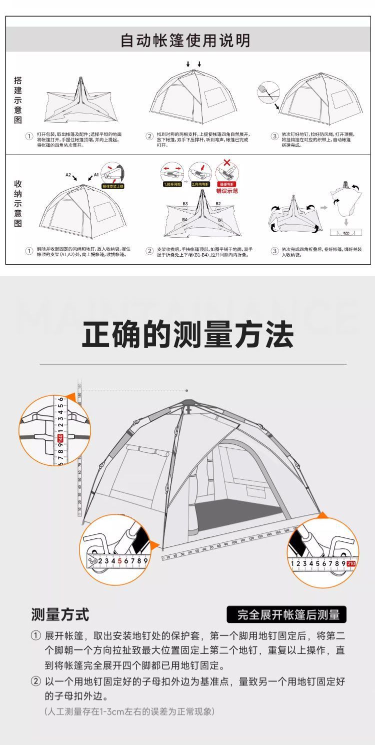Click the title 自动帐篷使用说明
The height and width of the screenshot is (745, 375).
185,41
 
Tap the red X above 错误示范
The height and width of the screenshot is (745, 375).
226,163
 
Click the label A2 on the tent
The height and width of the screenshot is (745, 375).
68,175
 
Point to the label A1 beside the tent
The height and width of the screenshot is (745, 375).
96,176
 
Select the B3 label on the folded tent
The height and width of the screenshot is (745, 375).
185,204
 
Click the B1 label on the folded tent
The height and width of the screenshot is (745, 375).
220,220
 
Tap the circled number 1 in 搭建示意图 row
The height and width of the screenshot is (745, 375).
29,136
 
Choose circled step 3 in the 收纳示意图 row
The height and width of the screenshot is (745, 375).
274,250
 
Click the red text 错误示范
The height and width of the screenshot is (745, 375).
227,191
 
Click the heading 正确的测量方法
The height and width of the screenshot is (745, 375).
187,335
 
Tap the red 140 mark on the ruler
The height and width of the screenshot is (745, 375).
60,438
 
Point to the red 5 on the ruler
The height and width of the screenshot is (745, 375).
119,561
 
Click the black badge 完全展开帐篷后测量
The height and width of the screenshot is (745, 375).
286,615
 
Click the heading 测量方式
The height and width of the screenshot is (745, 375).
60,614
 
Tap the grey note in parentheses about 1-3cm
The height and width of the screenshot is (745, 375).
129,711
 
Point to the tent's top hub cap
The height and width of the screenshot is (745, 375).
188,402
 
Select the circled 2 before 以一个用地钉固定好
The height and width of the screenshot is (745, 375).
35,681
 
